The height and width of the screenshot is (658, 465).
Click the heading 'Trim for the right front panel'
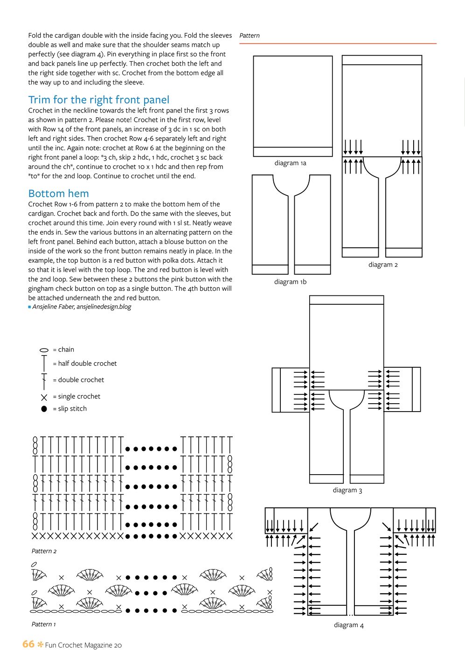(x=98, y=100)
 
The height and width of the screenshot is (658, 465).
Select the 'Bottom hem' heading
(x=58, y=194)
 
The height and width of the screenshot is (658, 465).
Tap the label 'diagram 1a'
(x=290, y=163)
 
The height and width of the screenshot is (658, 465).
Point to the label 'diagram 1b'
(x=290, y=282)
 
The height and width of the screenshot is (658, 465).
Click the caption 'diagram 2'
(x=383, y=265)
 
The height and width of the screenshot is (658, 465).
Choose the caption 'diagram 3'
(x=347, y=490)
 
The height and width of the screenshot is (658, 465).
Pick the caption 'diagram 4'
(x=348, y=625)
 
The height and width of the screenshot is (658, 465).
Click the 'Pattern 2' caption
(x=44, y=551)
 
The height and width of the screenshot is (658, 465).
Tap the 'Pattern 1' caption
(x=43, y=624)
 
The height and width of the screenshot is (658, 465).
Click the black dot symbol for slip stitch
(x=44, y=409)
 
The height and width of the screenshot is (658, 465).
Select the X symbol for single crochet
(x=44, y=398)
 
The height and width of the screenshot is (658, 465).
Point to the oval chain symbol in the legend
(x=44, y=350)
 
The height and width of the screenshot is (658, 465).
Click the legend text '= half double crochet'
(x=84, y=364)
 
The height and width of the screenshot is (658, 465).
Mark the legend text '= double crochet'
(x=78, y=380)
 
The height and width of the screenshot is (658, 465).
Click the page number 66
(x=28, y=644)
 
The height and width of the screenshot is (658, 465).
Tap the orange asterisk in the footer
(x=40, y=645)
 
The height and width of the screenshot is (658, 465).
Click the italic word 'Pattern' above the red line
(x=250, y=35)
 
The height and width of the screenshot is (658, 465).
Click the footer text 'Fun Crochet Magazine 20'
(x=83, y=645)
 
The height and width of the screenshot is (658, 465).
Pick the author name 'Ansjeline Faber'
(x=53, y=307)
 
